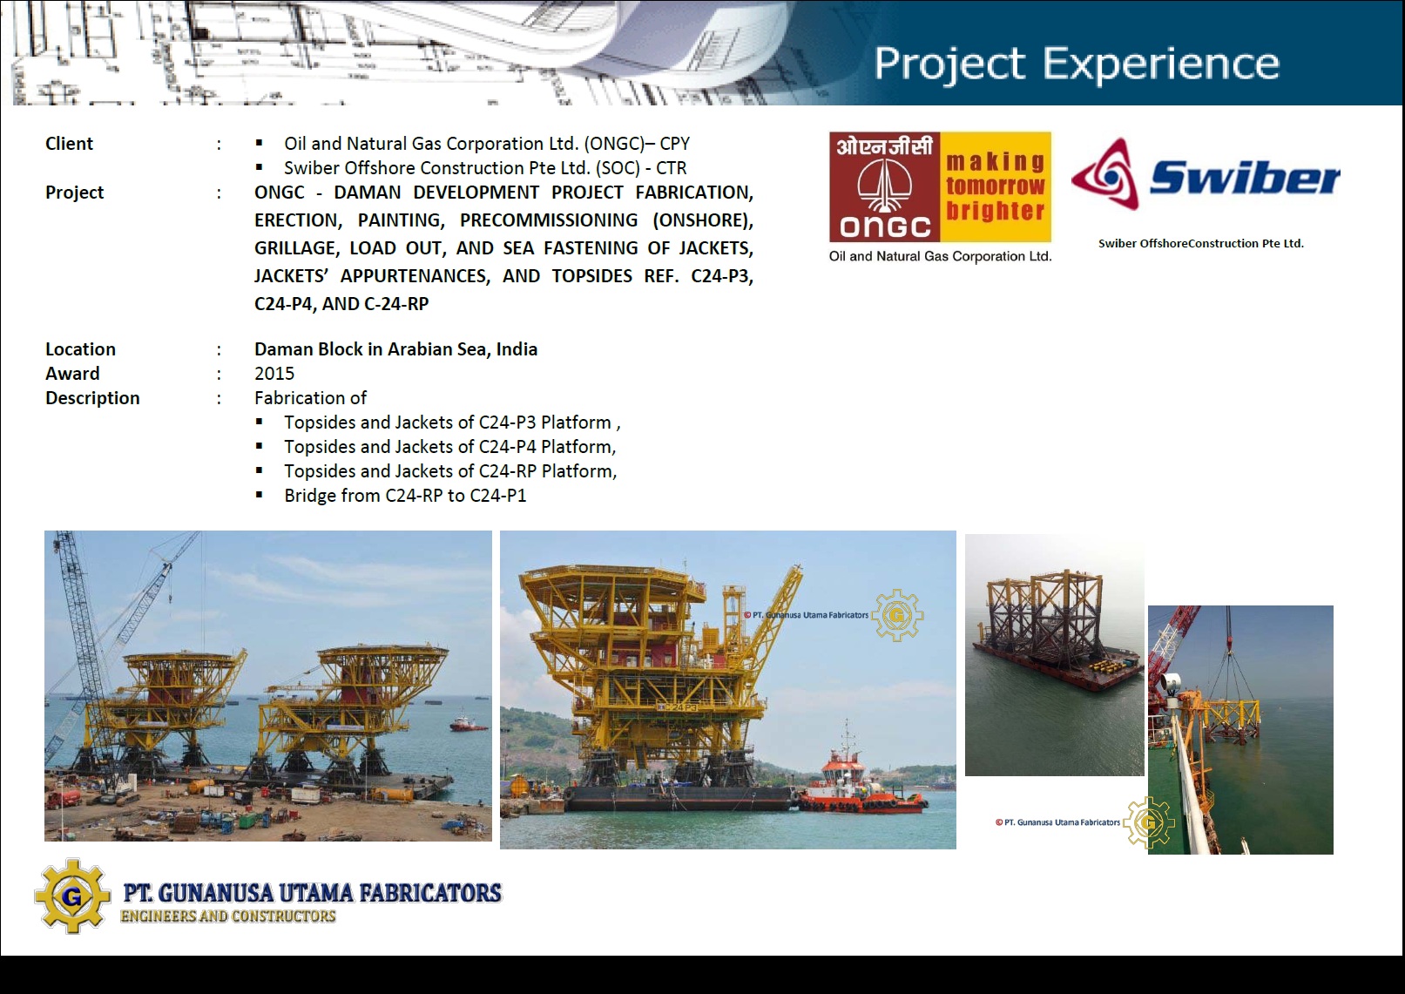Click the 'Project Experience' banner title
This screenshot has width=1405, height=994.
[1077, 64]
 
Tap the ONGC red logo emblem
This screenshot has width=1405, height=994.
[884, 187]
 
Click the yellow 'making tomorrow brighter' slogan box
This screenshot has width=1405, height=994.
[996, 187]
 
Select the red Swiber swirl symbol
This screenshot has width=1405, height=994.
[1105, 174]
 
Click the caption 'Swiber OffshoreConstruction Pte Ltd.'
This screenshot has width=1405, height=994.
[1200, 243]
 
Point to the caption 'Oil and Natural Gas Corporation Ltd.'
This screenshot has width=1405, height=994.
[940, 256]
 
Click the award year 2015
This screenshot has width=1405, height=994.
[274, 373]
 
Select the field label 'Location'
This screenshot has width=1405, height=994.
[80, 348]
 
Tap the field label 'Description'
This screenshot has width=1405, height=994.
[92, 398]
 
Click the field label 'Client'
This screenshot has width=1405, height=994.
[69, 144]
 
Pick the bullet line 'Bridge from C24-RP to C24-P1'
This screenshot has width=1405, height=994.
[405, 496]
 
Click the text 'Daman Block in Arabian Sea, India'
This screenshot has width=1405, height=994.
[395, 348]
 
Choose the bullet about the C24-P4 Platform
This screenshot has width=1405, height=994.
[449, 447]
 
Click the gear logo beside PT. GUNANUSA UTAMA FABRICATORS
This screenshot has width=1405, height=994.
[73, 896]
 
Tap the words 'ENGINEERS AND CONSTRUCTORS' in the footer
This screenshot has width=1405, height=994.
[228, 916]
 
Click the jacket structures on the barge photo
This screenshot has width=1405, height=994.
[1044, 619]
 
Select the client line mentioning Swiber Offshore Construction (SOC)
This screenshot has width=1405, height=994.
[485, 168]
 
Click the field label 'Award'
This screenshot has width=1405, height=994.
[72, 373]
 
